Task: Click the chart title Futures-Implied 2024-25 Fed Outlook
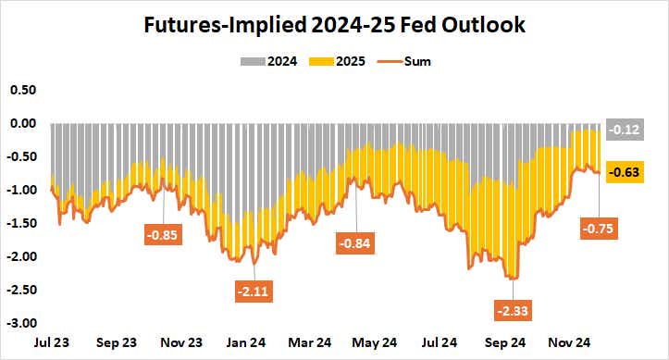click(x=334, y=25)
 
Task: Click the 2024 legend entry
click(x=277, y=62)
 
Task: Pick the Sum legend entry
click(x=417, y=62)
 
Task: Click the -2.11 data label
click(x=254, y=292)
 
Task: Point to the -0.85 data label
click(x=163, y=234)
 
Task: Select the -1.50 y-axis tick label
click(x=22, y=224)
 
